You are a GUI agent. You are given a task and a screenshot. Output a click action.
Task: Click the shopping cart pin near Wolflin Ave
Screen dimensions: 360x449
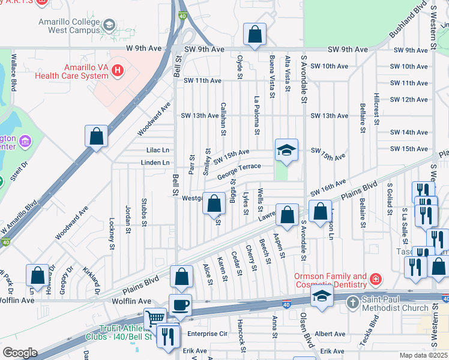pyautogui.click(x=155, y=317)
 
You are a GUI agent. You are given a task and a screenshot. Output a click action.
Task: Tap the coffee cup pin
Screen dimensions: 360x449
pyautogui.click(x=180, y=304)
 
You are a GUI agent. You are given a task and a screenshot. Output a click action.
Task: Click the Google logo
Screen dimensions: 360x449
pyautogui.click(x=20, y=353)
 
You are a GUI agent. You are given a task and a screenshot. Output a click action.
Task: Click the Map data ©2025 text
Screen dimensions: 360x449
pyautogui.click(x=424, y=355)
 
